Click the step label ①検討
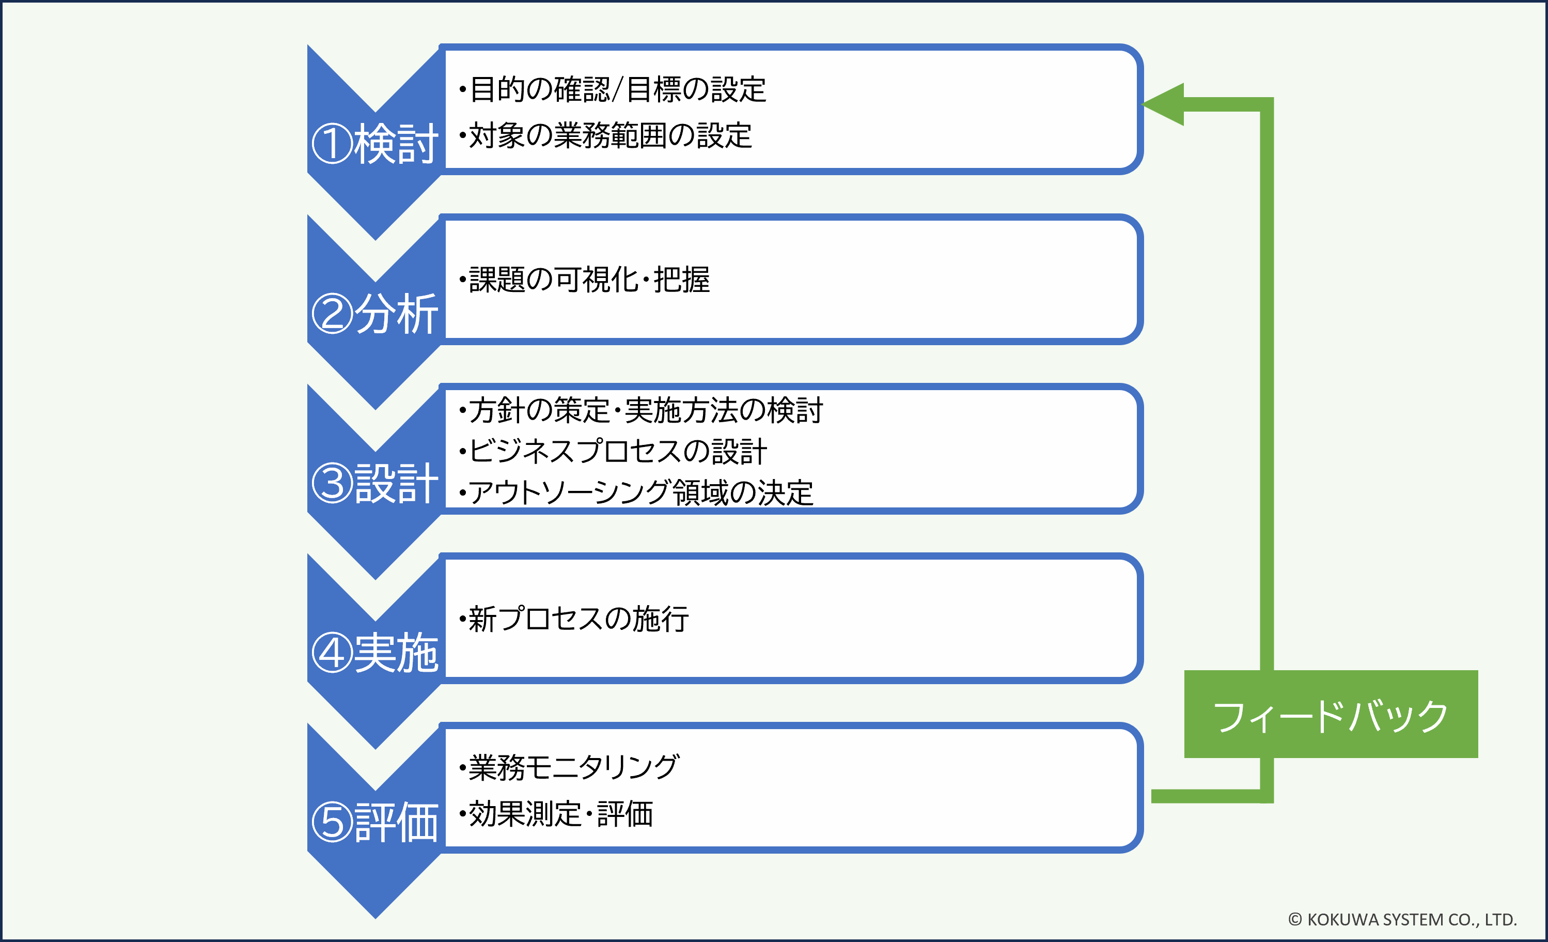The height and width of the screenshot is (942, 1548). click(375, 144)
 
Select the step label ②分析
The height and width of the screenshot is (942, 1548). click(375, 314)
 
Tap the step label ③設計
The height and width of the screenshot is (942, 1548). click(375, 483)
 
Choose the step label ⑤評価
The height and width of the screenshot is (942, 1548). click(375, 823)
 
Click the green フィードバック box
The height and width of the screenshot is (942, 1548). click(1331, 715)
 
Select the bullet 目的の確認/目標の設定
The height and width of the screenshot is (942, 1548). click(613, 89)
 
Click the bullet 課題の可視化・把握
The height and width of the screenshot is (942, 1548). click(585, 280)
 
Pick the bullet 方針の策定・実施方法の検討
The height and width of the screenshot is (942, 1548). click(642, 410)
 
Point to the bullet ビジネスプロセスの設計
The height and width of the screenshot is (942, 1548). click(613, 451)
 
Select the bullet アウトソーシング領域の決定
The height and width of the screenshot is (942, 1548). click(636, 492)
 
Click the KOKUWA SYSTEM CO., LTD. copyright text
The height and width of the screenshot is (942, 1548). click(1402, 919)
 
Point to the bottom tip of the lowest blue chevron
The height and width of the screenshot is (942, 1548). click(376, 916)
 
